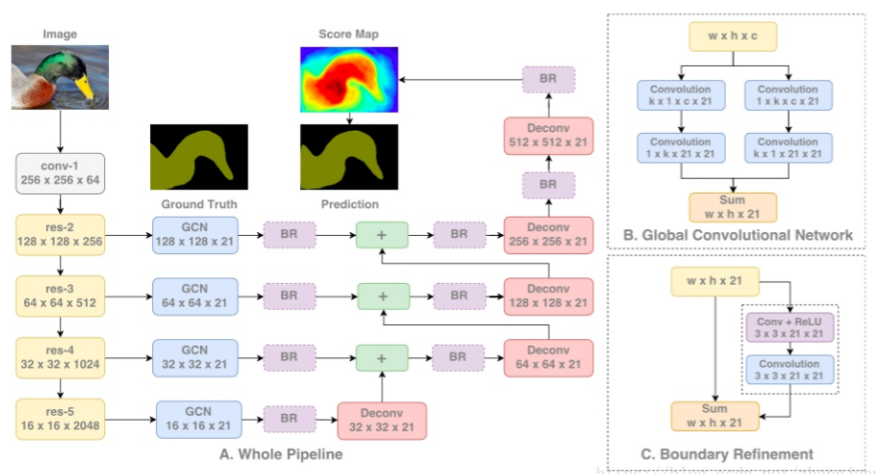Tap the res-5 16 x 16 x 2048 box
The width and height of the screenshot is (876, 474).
point(60,419)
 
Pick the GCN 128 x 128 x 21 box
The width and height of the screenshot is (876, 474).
point(195,235)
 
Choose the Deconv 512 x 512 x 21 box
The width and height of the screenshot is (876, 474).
point(548,137)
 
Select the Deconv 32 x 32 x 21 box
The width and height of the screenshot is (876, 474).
point(382,419)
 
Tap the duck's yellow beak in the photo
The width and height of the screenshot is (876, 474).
point(86,89)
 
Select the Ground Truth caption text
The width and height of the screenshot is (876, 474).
point(199,204)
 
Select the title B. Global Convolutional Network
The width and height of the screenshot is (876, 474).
point(736,234)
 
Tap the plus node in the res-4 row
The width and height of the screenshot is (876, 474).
point(382,357)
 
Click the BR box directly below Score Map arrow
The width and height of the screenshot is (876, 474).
point(548,79)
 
